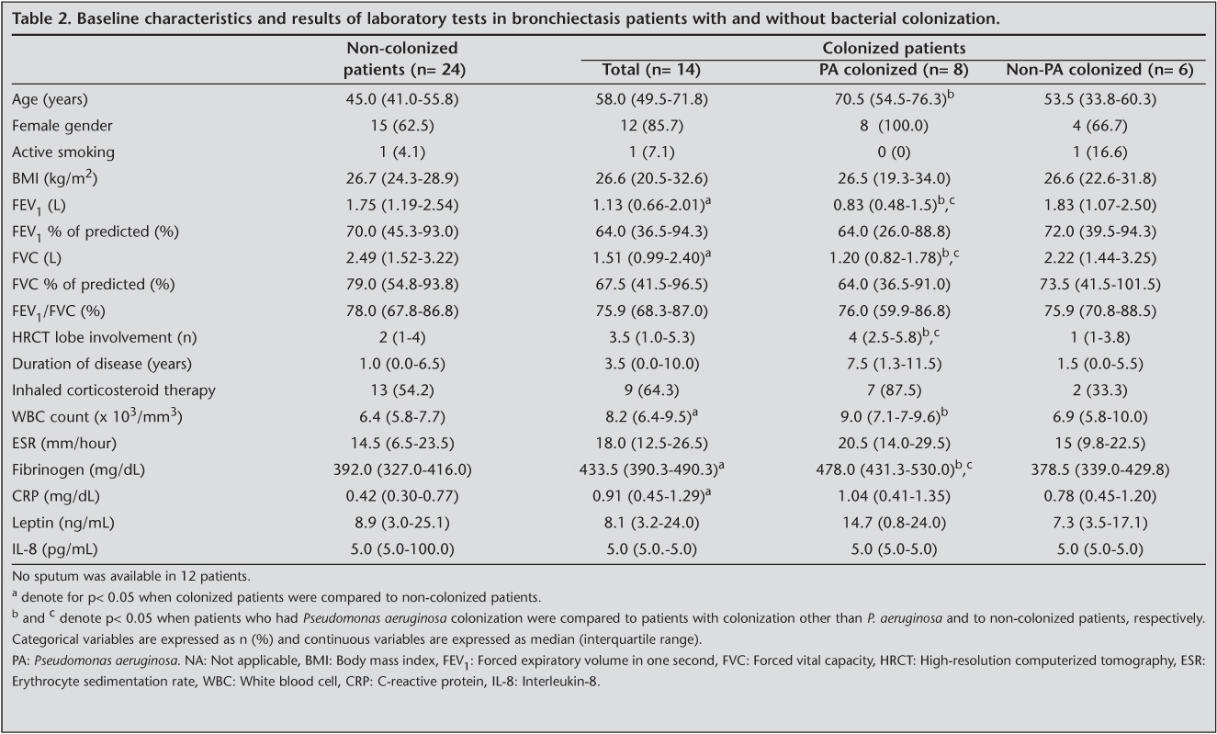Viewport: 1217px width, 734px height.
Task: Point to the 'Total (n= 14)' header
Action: click(654, 70)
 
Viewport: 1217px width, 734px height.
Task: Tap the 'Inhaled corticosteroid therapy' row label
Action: click(114, 390)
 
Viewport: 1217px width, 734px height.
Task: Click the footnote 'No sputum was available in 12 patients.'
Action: click(132, 577)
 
